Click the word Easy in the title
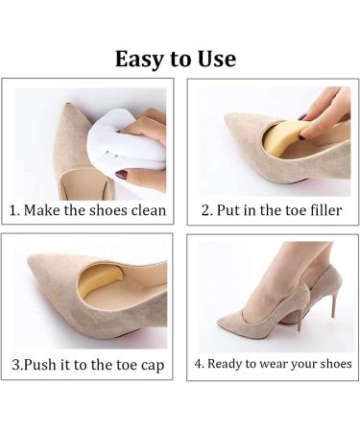139,60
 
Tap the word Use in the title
217,60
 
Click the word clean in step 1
149,210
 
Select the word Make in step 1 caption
42,210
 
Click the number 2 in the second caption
204,210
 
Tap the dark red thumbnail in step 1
122,175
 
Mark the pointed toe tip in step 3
30,258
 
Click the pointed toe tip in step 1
68,106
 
